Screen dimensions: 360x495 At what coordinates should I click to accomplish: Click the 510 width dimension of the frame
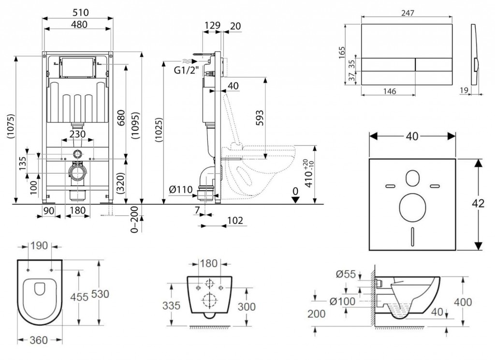coord(78,11)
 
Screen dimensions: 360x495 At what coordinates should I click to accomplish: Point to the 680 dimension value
coord(121,118)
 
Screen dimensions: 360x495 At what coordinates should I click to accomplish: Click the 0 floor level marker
coord(295,192)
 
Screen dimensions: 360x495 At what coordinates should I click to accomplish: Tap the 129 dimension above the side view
coord(210,25)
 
